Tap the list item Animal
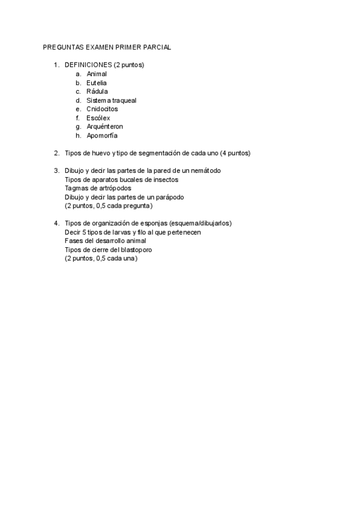pos(97,74)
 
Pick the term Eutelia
pos(97,83)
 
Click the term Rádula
pos(97,91)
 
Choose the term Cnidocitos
pos(102,109)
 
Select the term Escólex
pos(98,118)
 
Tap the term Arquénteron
pos(104,127)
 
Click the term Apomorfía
pos(102,136)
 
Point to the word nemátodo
pos(205,170)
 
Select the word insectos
pos(165,179)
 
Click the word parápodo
pos(170,197)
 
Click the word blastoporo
pos(127,250)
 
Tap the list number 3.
pos(56,170)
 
